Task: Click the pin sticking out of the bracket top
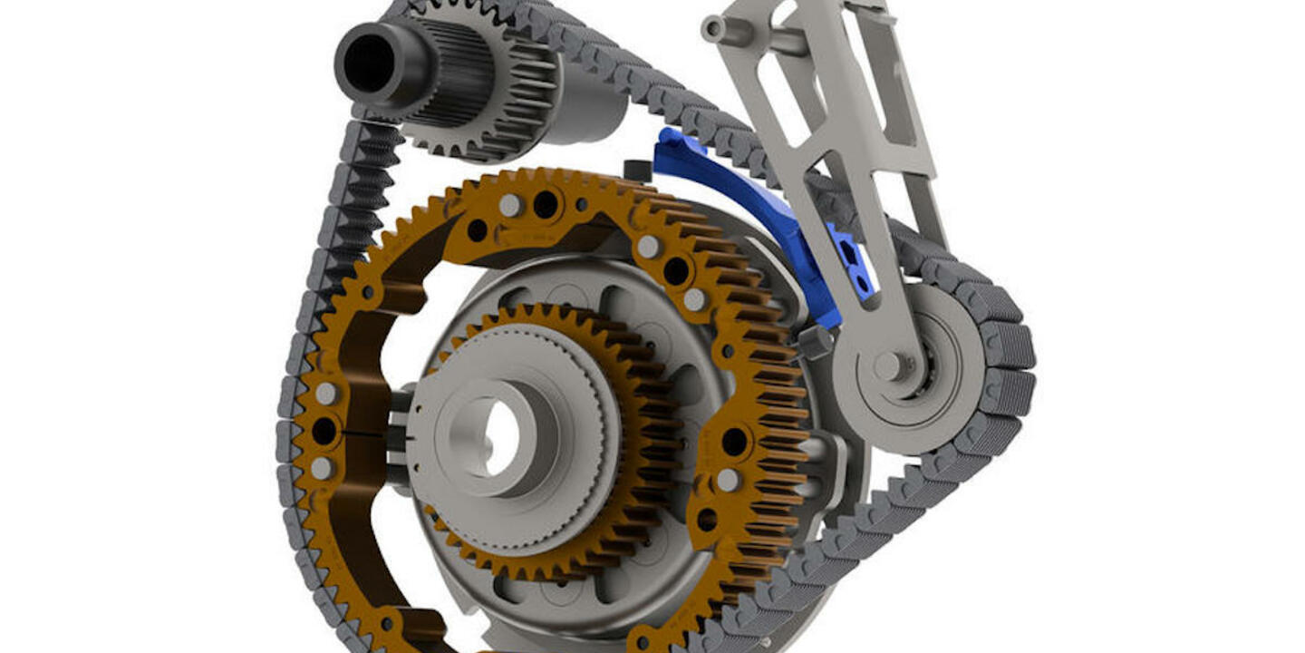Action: tap(720, 29)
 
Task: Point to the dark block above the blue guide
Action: tap(638, 171)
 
